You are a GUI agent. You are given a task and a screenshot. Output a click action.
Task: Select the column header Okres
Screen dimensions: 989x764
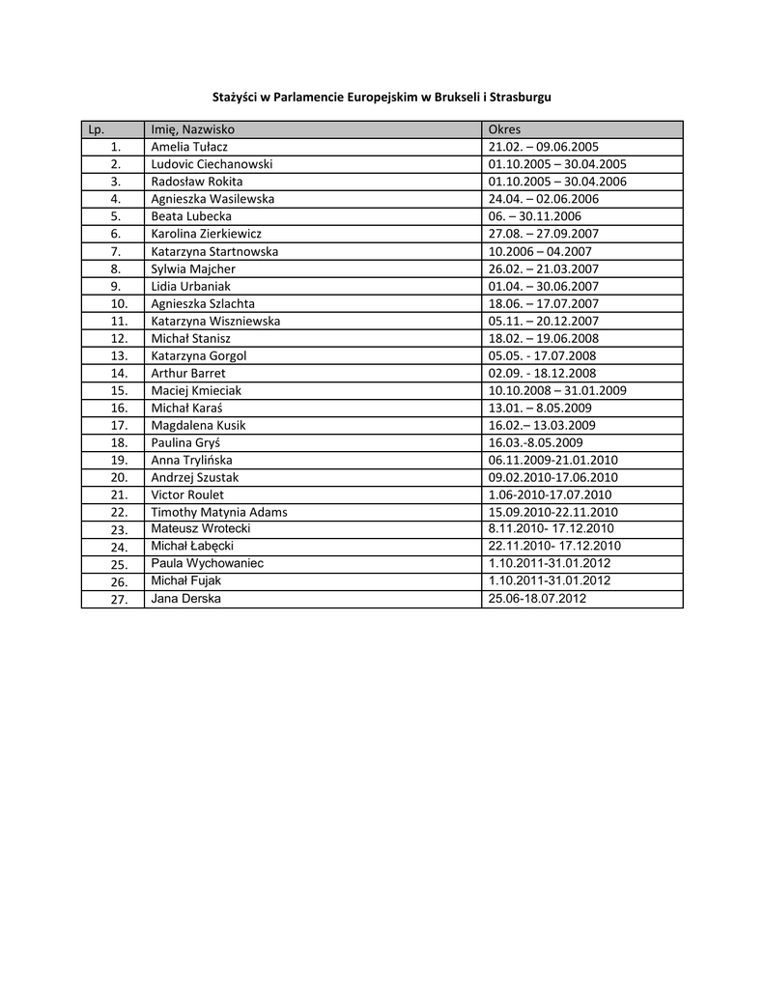[505, 129]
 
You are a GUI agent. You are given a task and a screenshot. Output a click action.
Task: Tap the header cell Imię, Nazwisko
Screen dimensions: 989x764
[193, 129]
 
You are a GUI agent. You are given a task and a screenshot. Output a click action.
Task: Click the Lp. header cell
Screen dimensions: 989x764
[97, 129]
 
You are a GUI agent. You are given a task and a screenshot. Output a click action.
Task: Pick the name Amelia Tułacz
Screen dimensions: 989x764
[189, 147]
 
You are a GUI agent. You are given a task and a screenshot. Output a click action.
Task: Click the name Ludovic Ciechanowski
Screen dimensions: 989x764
[212, 164]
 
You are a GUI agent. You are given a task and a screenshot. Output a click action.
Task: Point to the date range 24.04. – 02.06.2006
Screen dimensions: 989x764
[544, 199]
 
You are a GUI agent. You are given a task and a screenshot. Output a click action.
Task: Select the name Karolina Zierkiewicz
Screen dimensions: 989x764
[207, 234]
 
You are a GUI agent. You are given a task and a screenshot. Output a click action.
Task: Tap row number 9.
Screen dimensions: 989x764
[116, 286]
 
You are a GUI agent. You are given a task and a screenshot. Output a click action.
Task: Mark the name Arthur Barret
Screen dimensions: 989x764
[188, 373]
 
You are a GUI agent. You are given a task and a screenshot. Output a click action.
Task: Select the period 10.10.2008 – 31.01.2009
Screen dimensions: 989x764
[557, 390]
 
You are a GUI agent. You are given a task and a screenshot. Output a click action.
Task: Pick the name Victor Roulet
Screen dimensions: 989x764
[187, 494]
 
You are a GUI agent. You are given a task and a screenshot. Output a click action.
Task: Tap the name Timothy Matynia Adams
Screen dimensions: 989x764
[219, 512]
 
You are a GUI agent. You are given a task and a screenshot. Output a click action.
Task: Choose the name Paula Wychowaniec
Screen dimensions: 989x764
[208, 563]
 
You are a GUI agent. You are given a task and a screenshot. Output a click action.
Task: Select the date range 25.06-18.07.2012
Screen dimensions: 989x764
[538, 599]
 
